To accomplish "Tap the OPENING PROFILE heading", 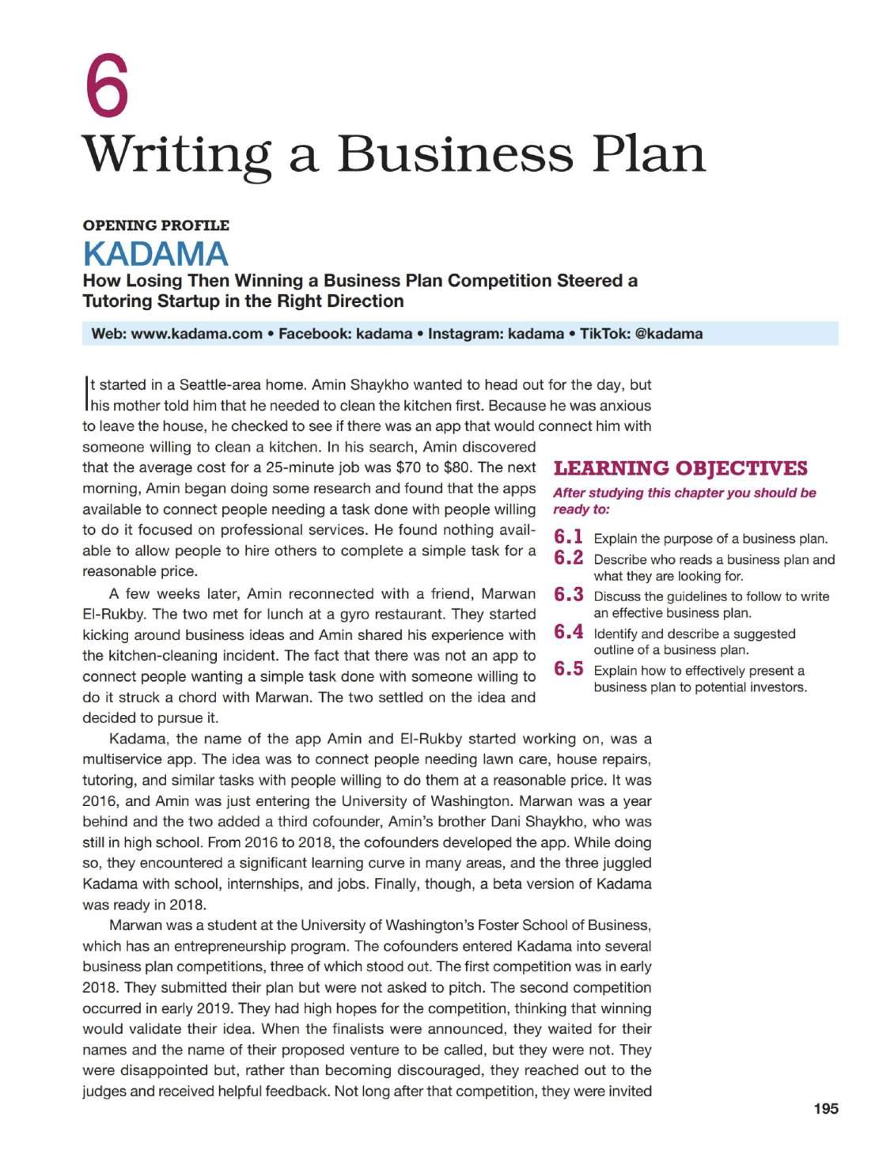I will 156,225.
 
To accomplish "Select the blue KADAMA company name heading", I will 155,254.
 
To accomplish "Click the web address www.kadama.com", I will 196,334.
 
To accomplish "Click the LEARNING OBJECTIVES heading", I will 680,468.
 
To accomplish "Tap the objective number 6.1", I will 568,537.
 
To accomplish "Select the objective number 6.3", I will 568,595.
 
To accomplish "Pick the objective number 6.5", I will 568,669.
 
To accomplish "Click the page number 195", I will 825,1109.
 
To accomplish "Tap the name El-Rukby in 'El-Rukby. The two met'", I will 112,615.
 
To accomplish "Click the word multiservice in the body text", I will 122,760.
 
